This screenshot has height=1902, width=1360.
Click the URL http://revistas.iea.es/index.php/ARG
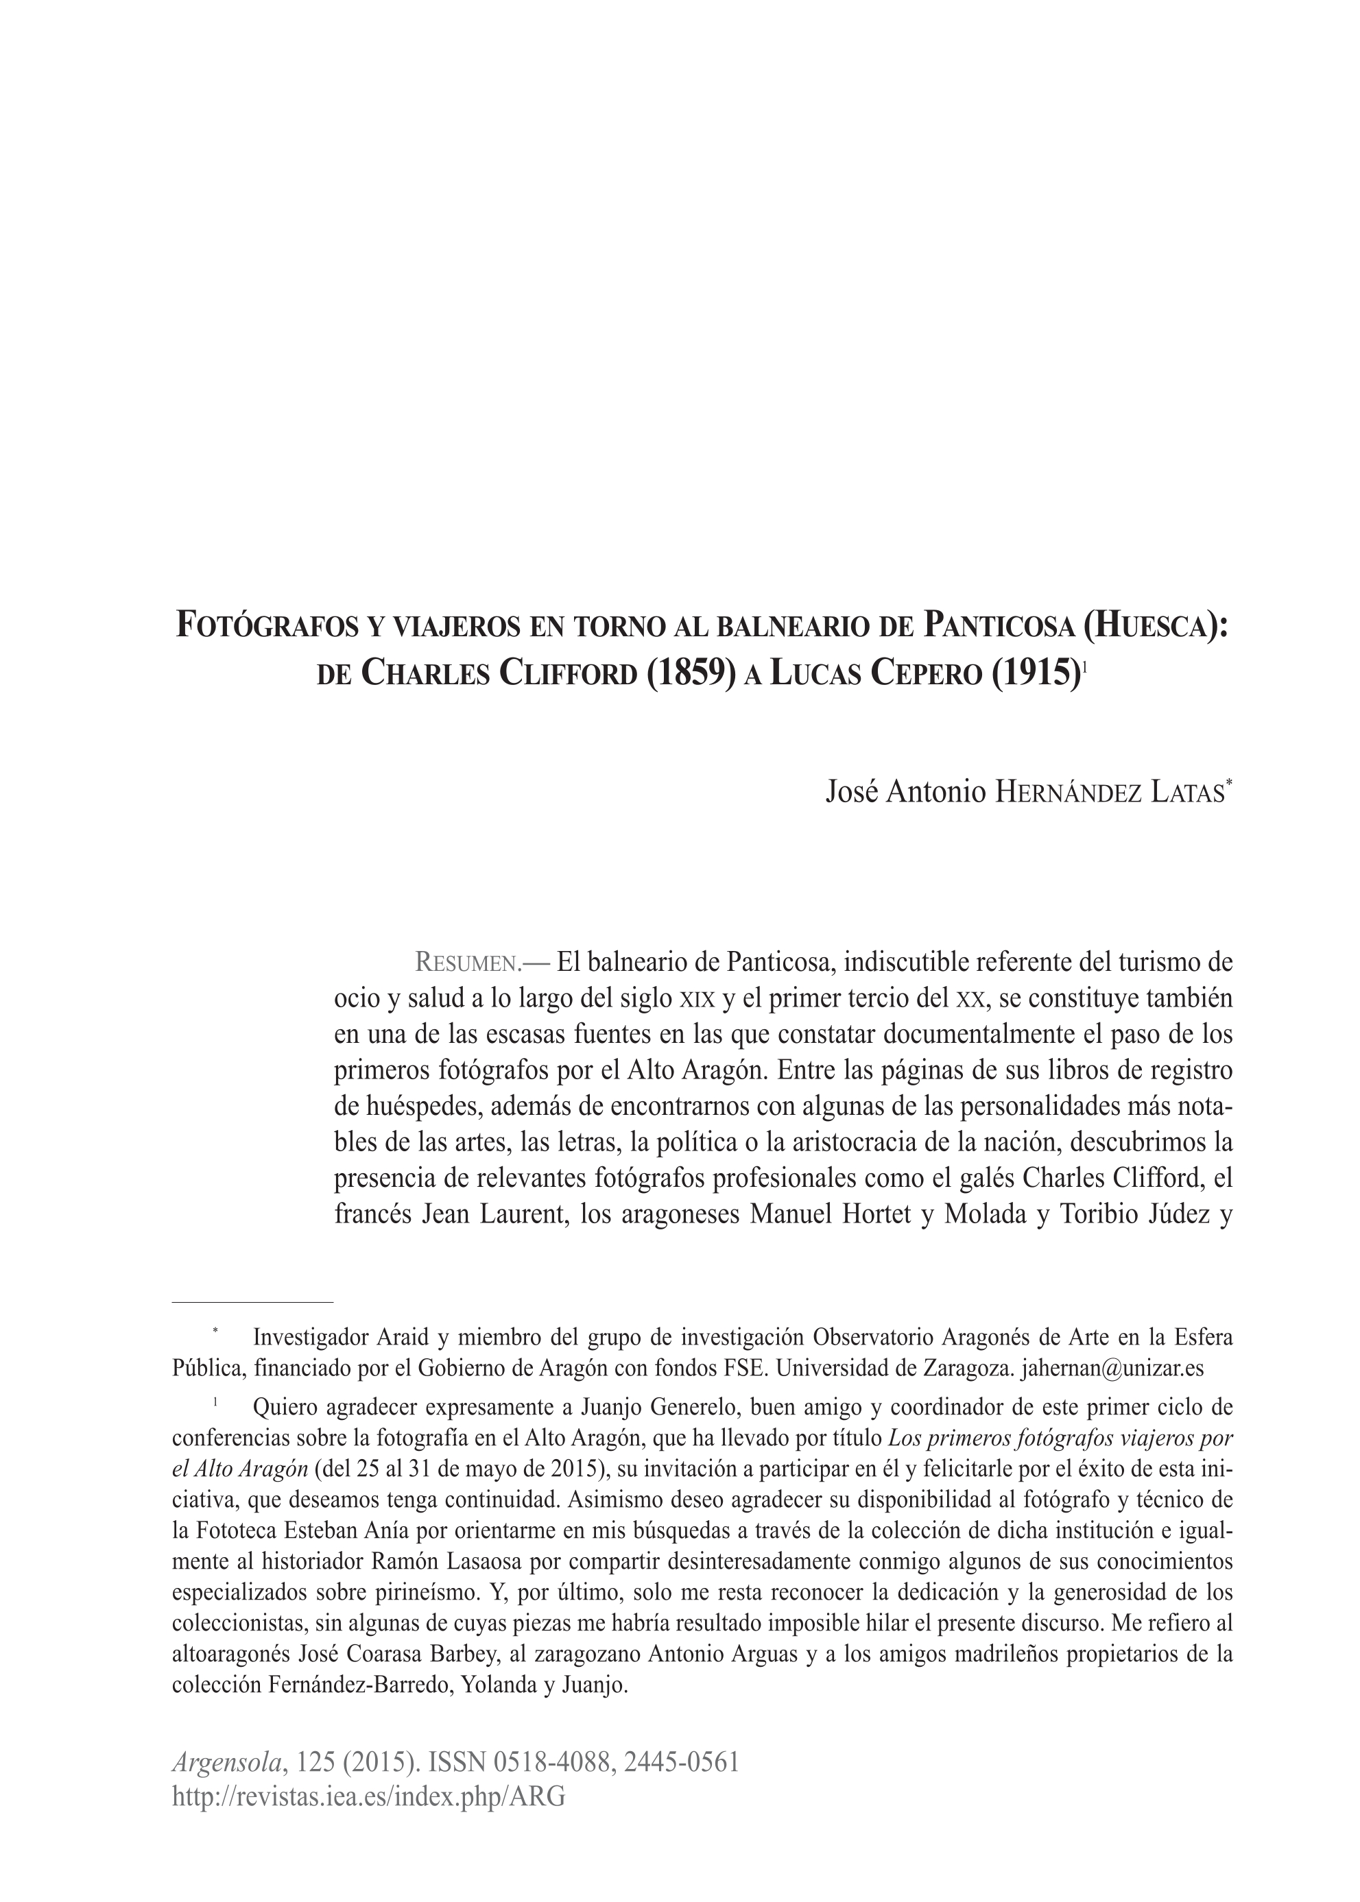pos(368,1796)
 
